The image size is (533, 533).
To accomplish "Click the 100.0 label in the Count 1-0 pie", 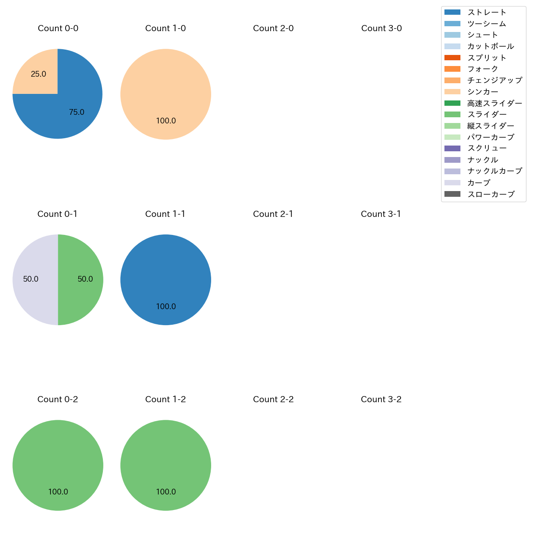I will (166, 121).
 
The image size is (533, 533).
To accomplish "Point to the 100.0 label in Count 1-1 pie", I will (166, 307).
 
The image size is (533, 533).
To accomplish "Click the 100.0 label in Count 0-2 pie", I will (58, 492).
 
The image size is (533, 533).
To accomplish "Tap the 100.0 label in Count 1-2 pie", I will (166, 492).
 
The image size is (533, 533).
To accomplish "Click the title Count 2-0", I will (273, 28).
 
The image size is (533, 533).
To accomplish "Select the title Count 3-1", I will (381, 214).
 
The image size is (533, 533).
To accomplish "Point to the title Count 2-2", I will (273, 399).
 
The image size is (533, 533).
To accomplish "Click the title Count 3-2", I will (381, 399).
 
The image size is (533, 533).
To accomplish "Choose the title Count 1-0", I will (166, 28).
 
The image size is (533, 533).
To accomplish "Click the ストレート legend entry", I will (487, 12).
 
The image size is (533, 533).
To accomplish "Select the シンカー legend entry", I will (483, 92).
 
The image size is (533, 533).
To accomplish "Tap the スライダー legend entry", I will (487, 114).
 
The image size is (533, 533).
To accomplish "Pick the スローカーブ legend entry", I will (491, 194).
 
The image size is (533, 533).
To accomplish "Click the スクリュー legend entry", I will (487, 148).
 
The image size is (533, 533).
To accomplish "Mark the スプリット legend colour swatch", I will (452, 58).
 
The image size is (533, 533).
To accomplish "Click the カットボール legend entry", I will (490, 46).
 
